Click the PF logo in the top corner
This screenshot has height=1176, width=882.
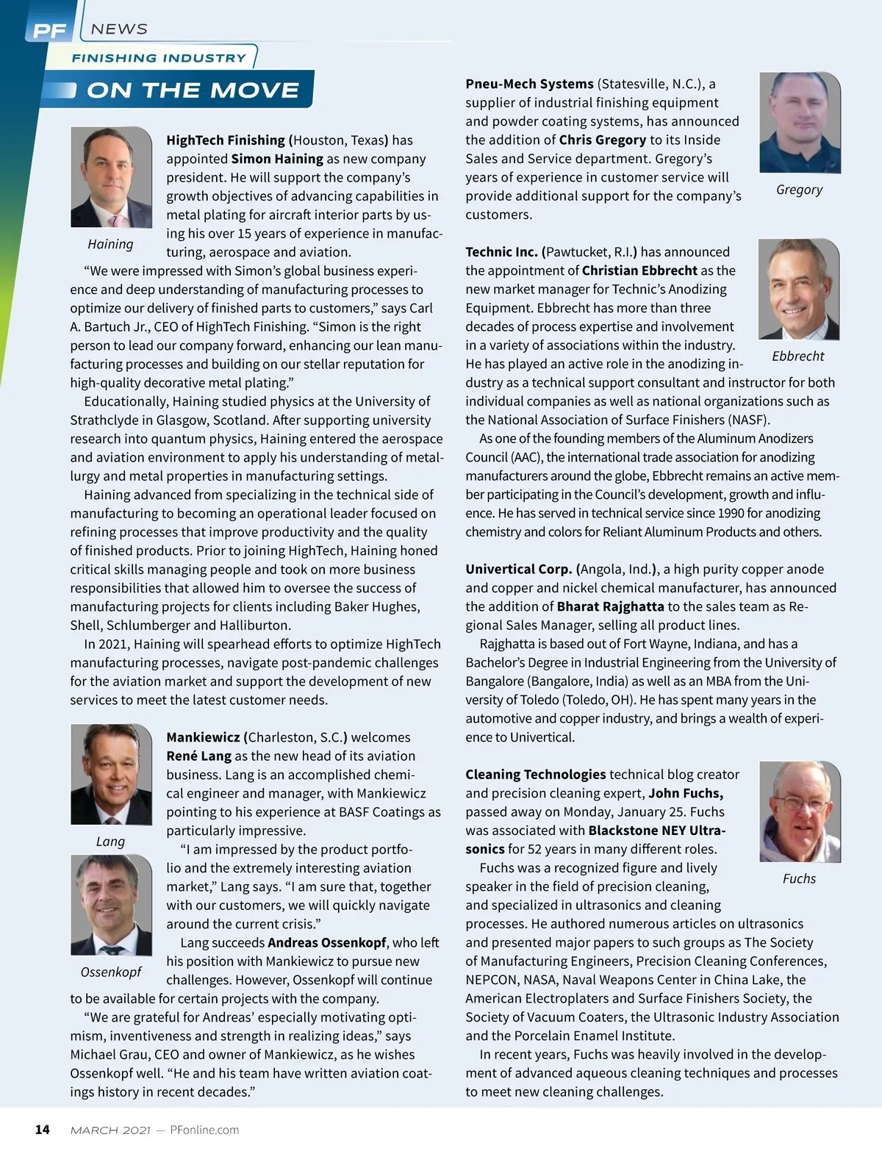pyautogui.click(x=49, y=30)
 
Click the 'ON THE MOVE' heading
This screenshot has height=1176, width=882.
pyautogui.click(x=193, y=90)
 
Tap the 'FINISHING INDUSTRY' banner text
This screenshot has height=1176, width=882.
pyautogui.click(x=159, y=58)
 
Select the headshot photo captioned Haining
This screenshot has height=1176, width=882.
pyautogui.click(x=111, y=177)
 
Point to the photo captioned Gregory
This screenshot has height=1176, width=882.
pyautogui.click(x=800, y=123)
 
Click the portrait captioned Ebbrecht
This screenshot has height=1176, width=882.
pyautogui.click(x=799, y=290)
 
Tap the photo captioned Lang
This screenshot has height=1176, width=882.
pyautogui.click(x=111, y=775)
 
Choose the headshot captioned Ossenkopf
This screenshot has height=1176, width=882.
pyautogui.click(x=111, y=905)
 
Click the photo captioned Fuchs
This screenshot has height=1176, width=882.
pyautogui.click(x=800, y=811)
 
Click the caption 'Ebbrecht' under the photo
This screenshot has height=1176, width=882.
pyautogui.click(x=798, y=356)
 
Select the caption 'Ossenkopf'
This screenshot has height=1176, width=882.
pyautogui.click(x=111, y=972)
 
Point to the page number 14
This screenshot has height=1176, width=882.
pyautogui.click(x=43, y=1130)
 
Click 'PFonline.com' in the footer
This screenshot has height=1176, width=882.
pyautogui.click(x=204, y=1130)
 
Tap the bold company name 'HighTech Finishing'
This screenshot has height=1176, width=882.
pyautogui.click(x=226, y=140)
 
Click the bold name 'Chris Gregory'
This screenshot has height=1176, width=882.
pyautogui.click(x=603, y=140)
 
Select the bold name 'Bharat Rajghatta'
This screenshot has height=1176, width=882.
pyautogui.click(x=610, y=606)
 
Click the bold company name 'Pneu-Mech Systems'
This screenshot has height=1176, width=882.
pyautogui.click(x=529, y=84)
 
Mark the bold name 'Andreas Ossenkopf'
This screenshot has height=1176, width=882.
pyautogui.click(x=327, y=942)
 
